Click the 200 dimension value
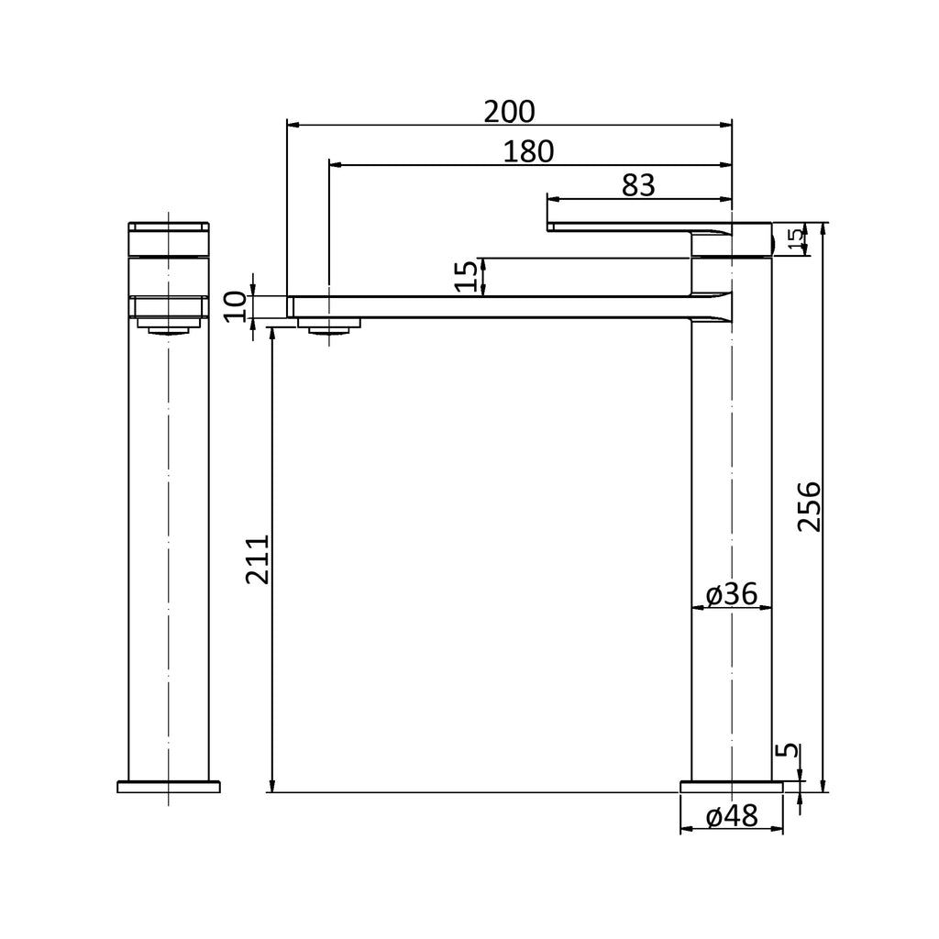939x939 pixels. tap(509, 112)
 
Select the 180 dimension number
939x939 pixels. tap(528, 152)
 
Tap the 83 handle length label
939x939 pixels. tap(638, 185)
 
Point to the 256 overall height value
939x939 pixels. tap(810, 506)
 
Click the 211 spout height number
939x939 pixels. tap(258, 560)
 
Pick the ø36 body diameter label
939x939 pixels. tap(732, 594)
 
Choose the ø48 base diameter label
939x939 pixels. tap(732, 815)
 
